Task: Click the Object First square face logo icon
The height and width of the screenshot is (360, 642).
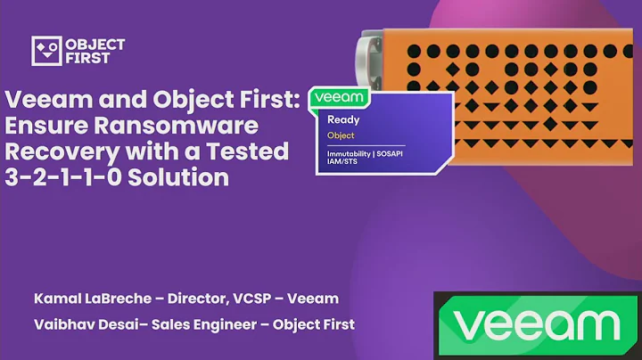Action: pyautogui.click(x=45, y=51)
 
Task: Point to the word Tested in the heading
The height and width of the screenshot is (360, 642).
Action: pyautogui.click(x=250, y=151)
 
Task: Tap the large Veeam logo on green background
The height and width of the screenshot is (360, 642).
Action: pyautogui.click(x=536, y=324)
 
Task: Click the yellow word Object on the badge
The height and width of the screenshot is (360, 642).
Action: pyautogui.click(x=341, y=135)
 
